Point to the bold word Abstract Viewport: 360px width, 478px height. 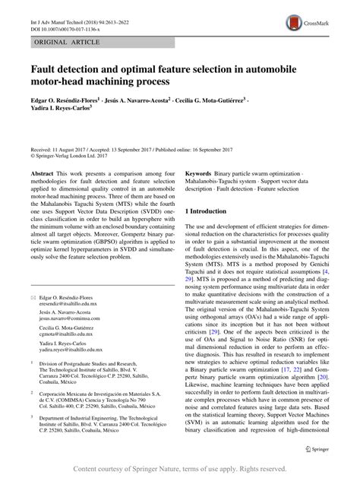(x=42, y=173)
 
